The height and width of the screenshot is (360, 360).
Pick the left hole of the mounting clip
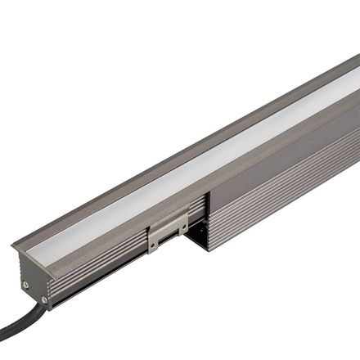click(x=156, y=240)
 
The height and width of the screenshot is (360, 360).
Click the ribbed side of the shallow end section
click(x=98, y=262)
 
